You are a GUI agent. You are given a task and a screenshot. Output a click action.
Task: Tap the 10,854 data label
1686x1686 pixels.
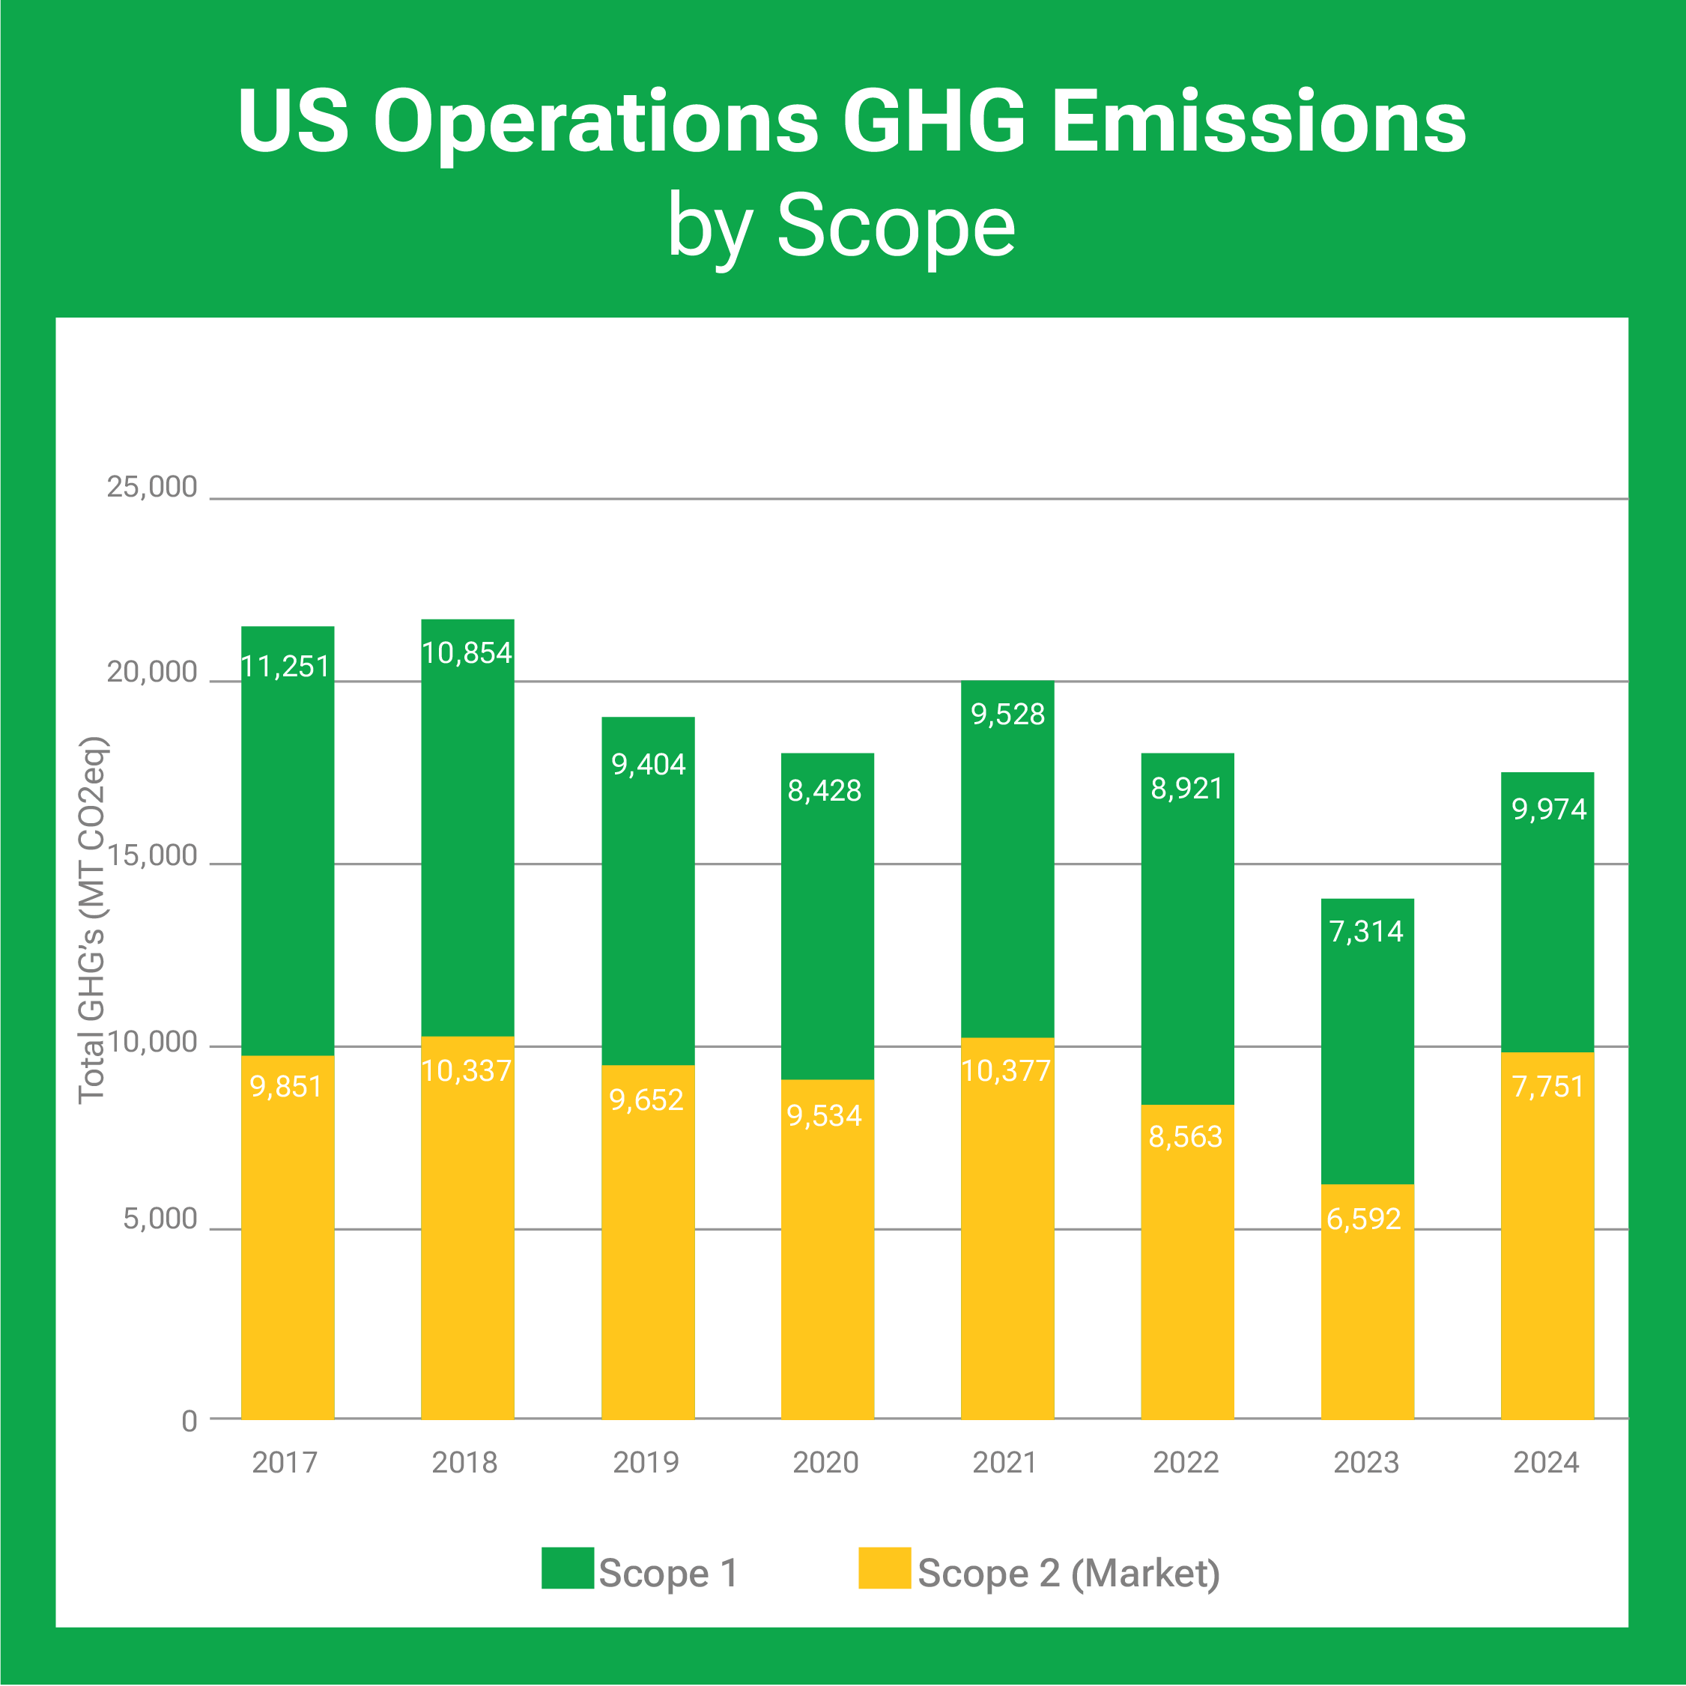click(x=466, y=653)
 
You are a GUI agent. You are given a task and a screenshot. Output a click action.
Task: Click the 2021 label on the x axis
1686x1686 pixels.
click(x=1004, y=1462)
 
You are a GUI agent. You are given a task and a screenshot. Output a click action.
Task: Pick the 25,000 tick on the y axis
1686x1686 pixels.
click(x=152, y=487)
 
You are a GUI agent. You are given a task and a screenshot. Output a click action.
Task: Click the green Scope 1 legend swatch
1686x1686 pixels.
click(x=567, y=1568)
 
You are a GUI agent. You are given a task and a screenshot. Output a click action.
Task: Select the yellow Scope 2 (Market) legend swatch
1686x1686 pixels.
click(x=884, y=1568)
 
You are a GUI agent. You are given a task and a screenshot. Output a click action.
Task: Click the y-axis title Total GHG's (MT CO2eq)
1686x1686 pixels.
click(x=93, y=921)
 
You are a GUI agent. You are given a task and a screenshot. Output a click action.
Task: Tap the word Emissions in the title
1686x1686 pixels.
click(x=1258, y=122)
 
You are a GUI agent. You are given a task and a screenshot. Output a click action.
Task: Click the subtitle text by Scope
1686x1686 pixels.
click(x=841, y=227)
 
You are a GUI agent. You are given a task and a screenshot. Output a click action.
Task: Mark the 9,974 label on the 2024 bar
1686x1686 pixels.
click(x=1549, y=809)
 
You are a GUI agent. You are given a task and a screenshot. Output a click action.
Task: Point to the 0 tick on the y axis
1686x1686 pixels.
click(x=189, y=1421)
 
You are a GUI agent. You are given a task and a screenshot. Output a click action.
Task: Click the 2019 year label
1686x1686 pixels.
click(x=646, y=1462)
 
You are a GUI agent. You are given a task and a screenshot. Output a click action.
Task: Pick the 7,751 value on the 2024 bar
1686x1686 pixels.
click(x=1547, y=1087)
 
